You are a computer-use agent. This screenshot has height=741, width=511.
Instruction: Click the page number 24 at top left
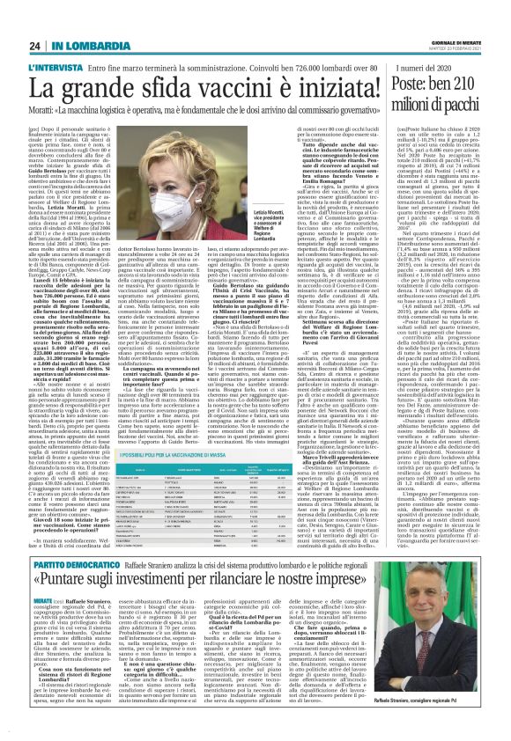click(x=33, y=47)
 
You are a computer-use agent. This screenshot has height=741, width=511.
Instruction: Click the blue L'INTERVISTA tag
click(x=54, y=69)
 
